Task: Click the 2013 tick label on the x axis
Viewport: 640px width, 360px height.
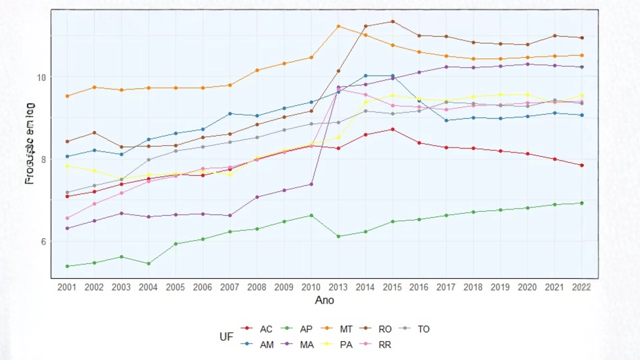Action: pos(338,287)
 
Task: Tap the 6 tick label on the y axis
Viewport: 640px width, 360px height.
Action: pos(43,242)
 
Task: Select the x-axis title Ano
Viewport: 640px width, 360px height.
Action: pos(324,300)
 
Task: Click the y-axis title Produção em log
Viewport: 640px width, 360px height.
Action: pos(30,143)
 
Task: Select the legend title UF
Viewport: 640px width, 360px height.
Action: pos(226,337)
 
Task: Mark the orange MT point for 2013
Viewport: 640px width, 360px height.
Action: pos(338,26)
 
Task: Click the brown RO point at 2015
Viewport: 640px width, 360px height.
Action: pos(393,22)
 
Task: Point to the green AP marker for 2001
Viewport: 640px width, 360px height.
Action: pos(67,266)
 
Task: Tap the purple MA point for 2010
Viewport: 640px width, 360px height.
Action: pos(311,184)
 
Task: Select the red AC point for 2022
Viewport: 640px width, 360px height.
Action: pos(582,165)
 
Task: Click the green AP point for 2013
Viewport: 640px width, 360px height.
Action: pos(338,236)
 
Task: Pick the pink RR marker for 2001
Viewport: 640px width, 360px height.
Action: pos(67,218)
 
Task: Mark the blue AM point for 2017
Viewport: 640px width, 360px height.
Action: pos(446,120)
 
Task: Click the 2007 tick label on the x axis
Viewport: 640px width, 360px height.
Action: pos(229,287)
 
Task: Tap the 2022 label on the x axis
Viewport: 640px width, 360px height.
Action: pos(581,287)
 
